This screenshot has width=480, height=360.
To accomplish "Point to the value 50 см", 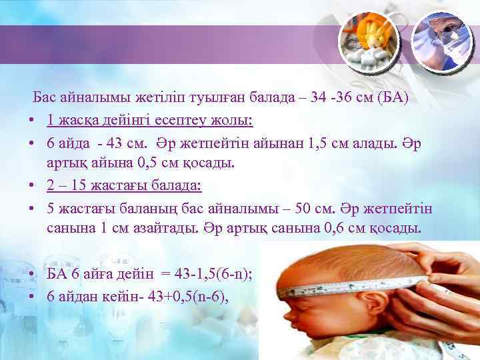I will (x=312, y=208).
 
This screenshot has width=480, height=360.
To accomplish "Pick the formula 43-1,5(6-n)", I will (x=211, y=274).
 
